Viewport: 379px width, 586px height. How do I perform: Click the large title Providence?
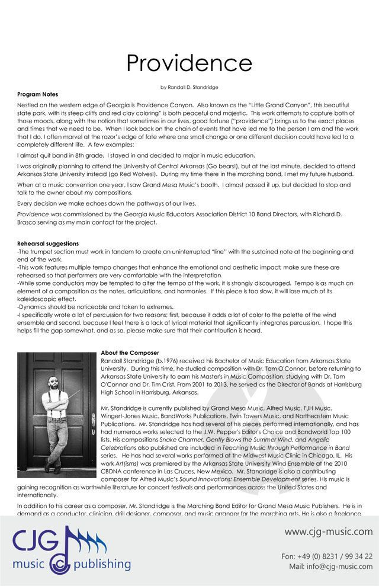coord(189,62)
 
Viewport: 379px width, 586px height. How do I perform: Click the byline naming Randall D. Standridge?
coord(189,88)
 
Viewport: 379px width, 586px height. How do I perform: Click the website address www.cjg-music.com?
coord(328,531)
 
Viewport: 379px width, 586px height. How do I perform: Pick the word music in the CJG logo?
coord(33,563)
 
